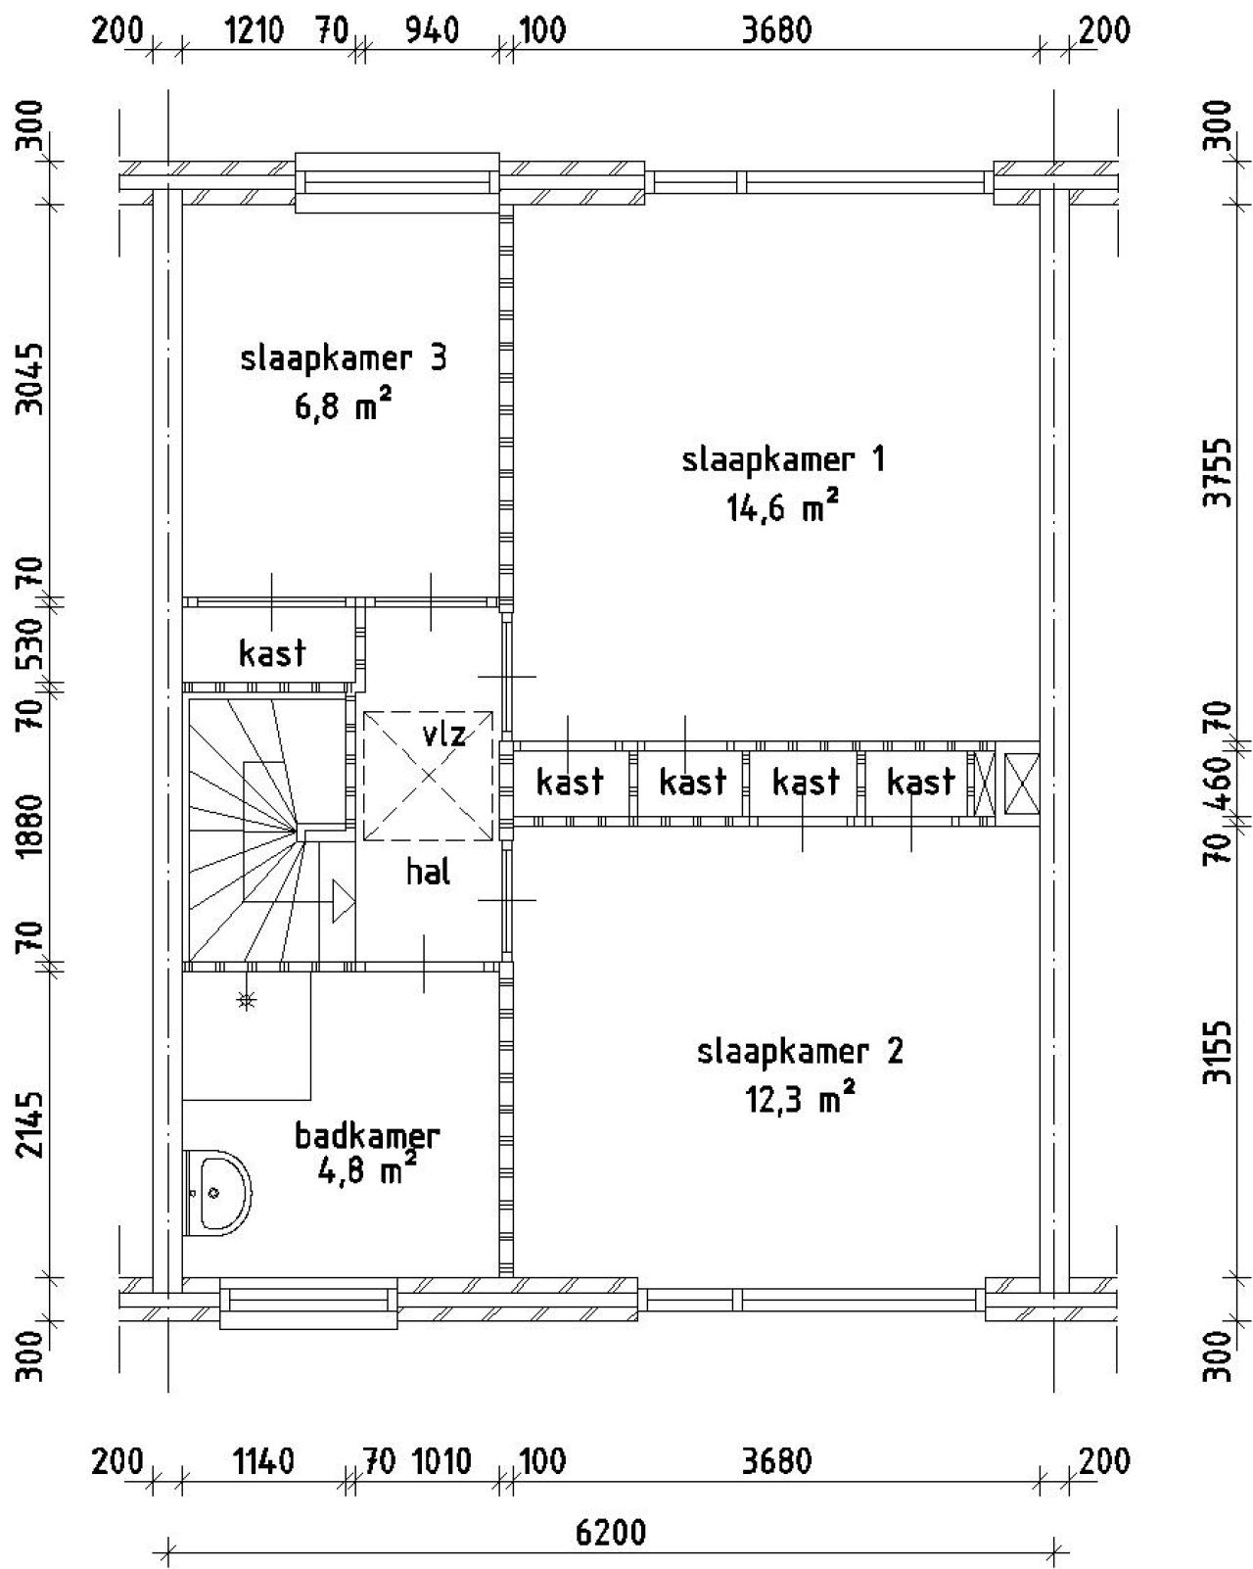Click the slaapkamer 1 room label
pyautogui.click(x=783, y=460)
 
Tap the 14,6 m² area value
pyautogui.click(x=782, y=506)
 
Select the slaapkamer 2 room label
pyautogui.click(x=800, y=1051)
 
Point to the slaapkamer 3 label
pyautogui.click(x=344, y=358)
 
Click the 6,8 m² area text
pyautogui.click(x=343, y=404)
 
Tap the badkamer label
pyautogui.click(x=367, y=1136)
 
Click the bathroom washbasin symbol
pyautogui.click(x=217, y=1193)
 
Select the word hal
pyautogui.click(x=428, y=872)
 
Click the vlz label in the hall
pyautogui.click(x=443, y=733)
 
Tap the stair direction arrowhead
pyautogui.click(x=344, y=901)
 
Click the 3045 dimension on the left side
pyautogui.click(x=30, y=379)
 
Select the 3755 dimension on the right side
pyautogui.click(x=1218, y=472)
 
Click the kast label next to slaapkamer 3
pyautogui.click(x=272, y=652)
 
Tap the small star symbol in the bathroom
pyautogui.click(x=247, y=1001)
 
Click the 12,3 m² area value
pyautogui.click(x=799, y=1099)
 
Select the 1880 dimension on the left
pyautogui.click(x=30, y=826)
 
